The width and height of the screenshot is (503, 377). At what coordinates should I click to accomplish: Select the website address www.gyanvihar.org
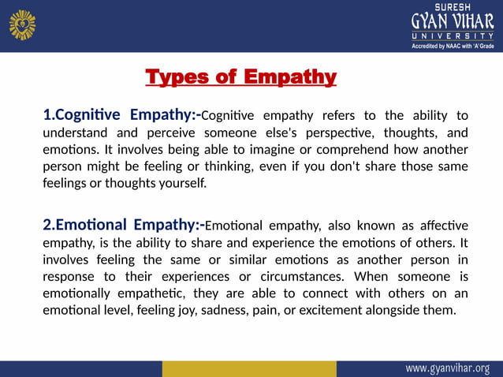(448, 368)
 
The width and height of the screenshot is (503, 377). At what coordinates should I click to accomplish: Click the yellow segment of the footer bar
(248, 368)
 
